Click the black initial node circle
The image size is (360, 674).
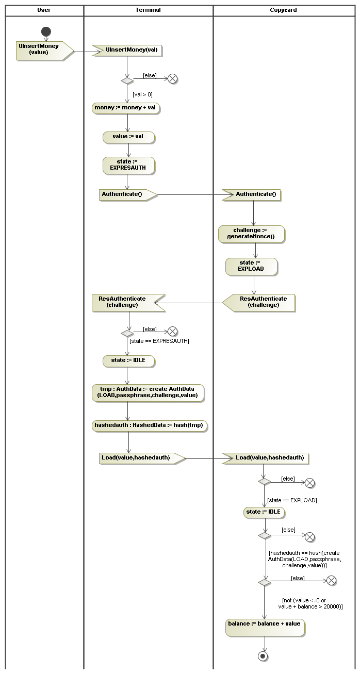[x=46, y=31]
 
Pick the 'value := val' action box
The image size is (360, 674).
[x=128, y=137]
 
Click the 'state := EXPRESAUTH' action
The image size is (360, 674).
[x=128, y=165]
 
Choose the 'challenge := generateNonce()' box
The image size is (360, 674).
[x=251, y=234]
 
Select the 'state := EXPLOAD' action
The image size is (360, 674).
[x=251, y=266]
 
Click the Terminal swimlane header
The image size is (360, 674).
[x=148, y=10]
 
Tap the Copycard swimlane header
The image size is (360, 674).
[x=283, y=10]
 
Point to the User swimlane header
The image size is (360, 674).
[x=44, y=10]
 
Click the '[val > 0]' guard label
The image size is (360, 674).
[x=142, y=94]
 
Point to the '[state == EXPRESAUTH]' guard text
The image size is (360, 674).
[x=159, y=341]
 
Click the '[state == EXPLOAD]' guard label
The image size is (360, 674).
[x=292, y=500]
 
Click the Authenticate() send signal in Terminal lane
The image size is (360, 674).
[x=125, y=194]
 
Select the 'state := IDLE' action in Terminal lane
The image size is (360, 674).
[x=128, y=361]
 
